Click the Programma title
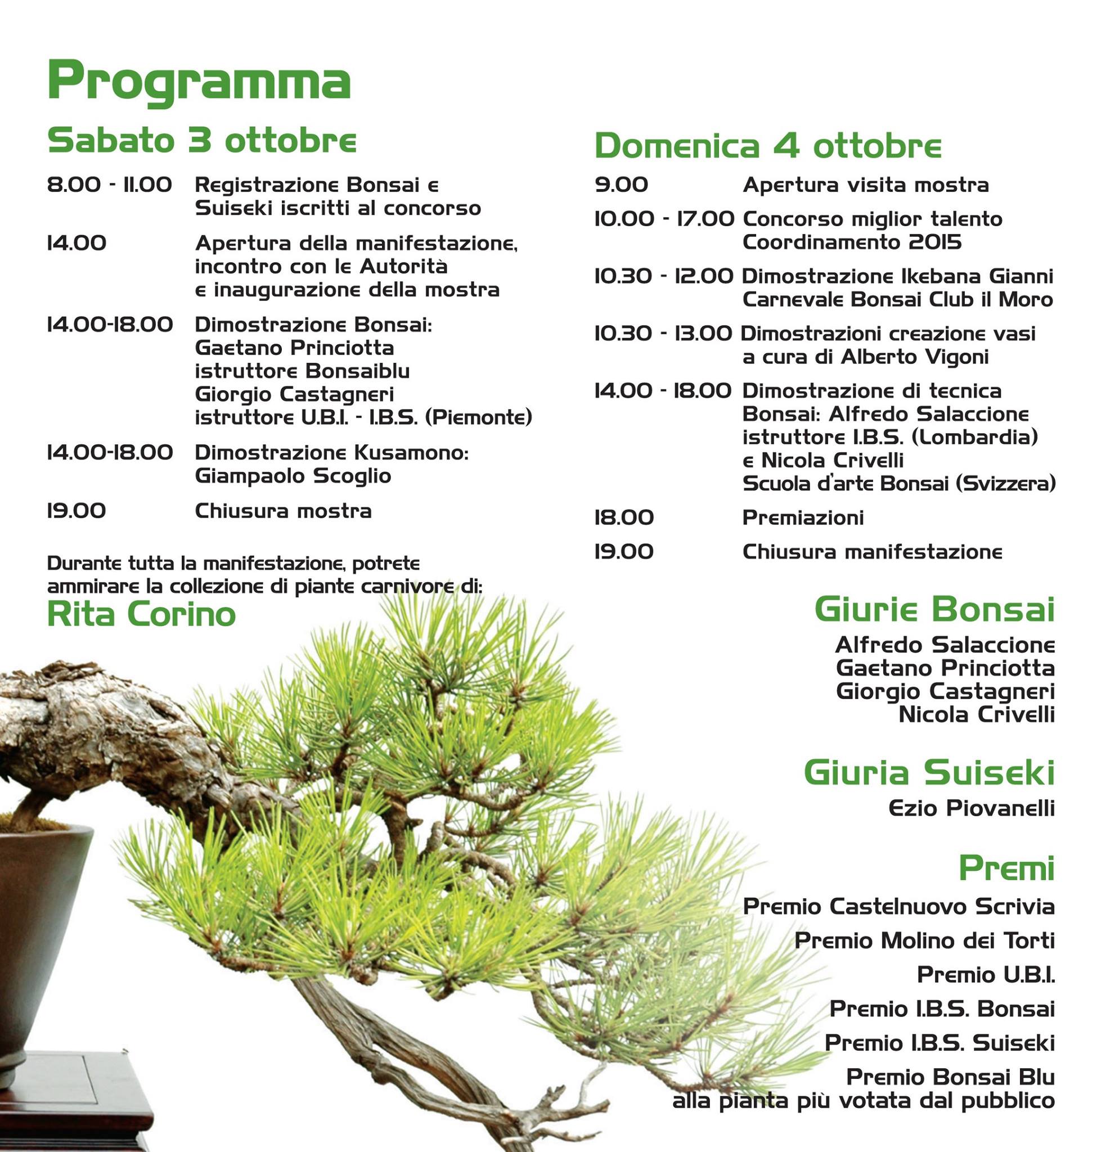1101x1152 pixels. click(x=199, y=83)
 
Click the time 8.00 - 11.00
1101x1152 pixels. click(x=110, y=185)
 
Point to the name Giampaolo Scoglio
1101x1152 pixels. click(x=293, y=476)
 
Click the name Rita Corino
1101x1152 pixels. click(x=141, y=614)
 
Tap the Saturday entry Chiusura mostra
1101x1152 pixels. click(x=283, y=511)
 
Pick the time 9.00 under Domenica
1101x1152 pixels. click(x=621, y=185)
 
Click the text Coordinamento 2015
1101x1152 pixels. click(x=852, y=242)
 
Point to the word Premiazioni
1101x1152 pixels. click(x=802, y=517)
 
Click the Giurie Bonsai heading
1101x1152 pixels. click(x=934, y=610)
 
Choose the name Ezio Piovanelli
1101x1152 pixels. click(x=971, y=809)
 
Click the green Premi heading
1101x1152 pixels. click(x=1006, y=868)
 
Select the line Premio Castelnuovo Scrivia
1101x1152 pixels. click(x=898, y=907)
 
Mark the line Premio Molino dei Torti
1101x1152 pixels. click(x=924, y=940)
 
